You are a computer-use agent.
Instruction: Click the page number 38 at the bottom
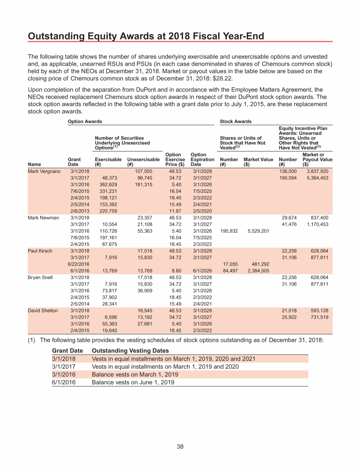pyautogui.click(x=180, y=446)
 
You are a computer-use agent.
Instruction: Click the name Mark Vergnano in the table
pyautogui.click(x=44, y=172)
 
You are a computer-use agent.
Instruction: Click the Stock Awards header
pyautogui.click(x=235, y=121)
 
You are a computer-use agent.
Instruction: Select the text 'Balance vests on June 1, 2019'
pyautogui.click(x=133, y=382)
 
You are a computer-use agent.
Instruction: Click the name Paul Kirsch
pyautogui.click(x=39, y=251)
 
